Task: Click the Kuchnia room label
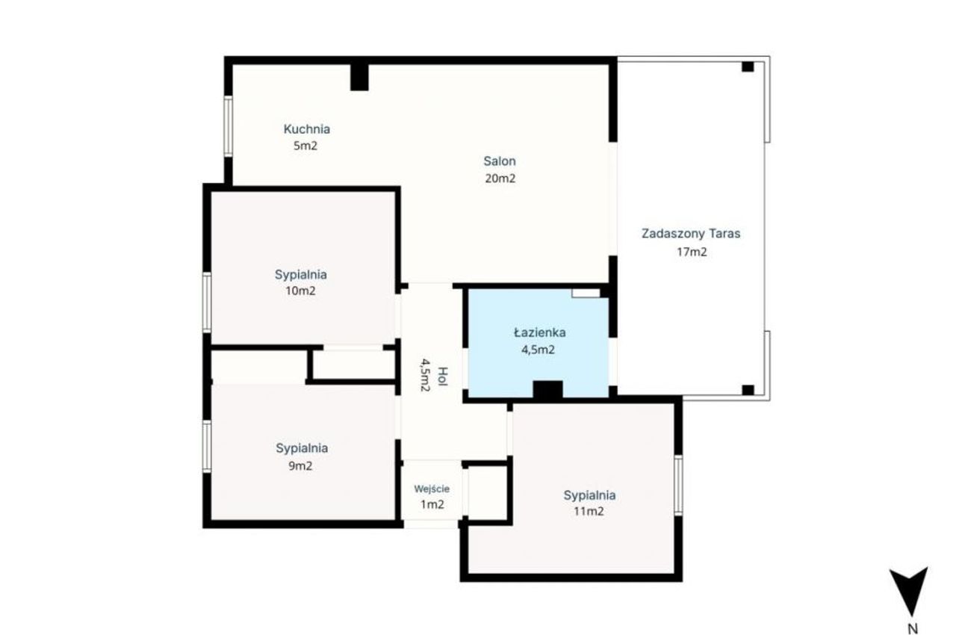[x=306, y=129]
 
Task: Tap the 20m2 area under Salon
[x=500, y=178]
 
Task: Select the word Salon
[x=500, y=161]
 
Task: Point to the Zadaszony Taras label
[x=691, y=234]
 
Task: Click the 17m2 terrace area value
[x=692, y=252]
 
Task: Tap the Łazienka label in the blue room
[x=540, y=332]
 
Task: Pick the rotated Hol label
[x=443, y=376]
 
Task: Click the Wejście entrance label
[x=432, y=489]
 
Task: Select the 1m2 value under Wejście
[x=432, y=504]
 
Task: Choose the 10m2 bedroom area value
[x=300, y=291]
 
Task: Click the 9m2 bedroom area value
[x=300, y=466]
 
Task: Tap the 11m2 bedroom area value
[x=589, y=512]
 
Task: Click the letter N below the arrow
[x=913, y=628]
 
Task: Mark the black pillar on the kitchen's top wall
[x=359, y=77]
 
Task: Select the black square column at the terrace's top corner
[x=748, y=66]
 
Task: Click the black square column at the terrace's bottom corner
[x=748, y=390]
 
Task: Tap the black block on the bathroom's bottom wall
[x=548, y=390]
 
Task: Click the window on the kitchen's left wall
[x=228, y=126]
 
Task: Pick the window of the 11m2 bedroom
[x=678, y=486]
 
